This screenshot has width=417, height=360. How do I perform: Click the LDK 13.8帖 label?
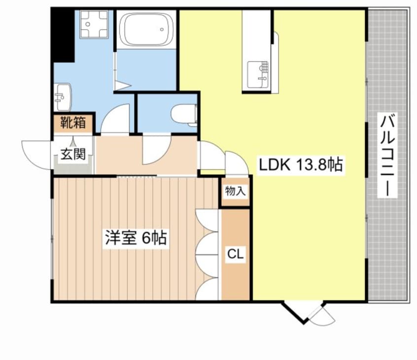click(x=301, y=165)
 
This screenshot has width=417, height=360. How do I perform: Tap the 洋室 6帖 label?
click(x=136, y=238)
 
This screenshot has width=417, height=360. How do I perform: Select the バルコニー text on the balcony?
click(x=387, y=155)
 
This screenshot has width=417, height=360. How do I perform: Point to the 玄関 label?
click(x=73, y=154)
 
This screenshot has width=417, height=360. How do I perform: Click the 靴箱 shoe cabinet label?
click(x=73, y=123)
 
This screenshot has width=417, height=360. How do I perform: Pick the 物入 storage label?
click(x=235, y=191)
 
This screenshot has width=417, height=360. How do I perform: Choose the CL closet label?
click(x=235, y=254)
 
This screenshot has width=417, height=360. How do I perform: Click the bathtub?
click(x=146, y=29)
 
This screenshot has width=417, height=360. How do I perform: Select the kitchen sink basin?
click(x=257, y=75)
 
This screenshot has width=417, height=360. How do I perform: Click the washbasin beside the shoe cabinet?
click(x=63, y=97)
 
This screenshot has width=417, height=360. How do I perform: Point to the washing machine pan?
click(x=94, y=25)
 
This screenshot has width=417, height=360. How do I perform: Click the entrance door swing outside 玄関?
click(x=36, y=155)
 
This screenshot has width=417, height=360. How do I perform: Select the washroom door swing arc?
click(x=115, y=118)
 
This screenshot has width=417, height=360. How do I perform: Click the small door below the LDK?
click(x=322, y=316)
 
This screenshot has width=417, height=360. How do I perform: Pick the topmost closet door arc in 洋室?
click(x=207, y=220)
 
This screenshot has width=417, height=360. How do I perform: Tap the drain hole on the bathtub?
click(x=162, y=29)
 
